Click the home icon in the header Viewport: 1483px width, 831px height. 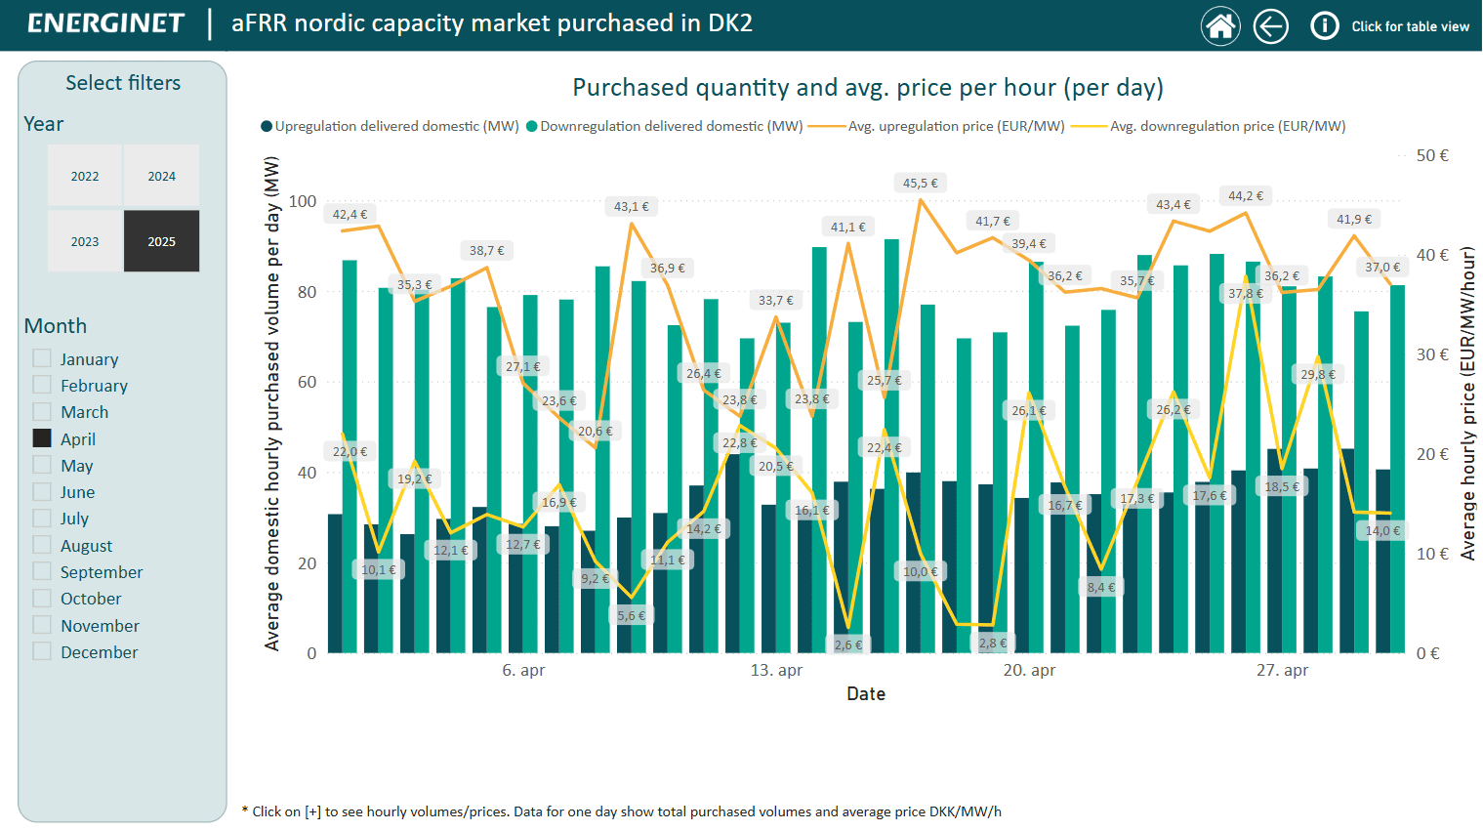point(1220,25)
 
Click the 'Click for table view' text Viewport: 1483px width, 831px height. point(1410,26)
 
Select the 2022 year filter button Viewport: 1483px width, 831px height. point(85,176)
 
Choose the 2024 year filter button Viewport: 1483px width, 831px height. point(162,176)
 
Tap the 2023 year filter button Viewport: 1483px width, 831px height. point(85,241)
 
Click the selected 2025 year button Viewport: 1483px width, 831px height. point(162,241)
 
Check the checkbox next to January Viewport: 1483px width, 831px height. point(42,358)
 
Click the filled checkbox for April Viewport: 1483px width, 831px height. point(42,438)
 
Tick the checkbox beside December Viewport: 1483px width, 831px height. point(42,651)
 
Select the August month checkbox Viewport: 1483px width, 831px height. point(42,545)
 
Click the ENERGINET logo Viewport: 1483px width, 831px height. point(105,23)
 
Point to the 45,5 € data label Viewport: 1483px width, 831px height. point(920,183)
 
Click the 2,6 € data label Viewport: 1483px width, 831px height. point(848,644)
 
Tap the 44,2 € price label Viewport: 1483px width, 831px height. point(1246,196)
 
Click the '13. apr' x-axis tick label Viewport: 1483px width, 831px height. point(776,670)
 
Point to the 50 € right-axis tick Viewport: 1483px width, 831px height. point(1432,155)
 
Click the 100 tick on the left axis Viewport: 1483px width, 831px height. point(303,201)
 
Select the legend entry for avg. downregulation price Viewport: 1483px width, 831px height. point(1227,126)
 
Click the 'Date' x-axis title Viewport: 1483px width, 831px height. point(866,694)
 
